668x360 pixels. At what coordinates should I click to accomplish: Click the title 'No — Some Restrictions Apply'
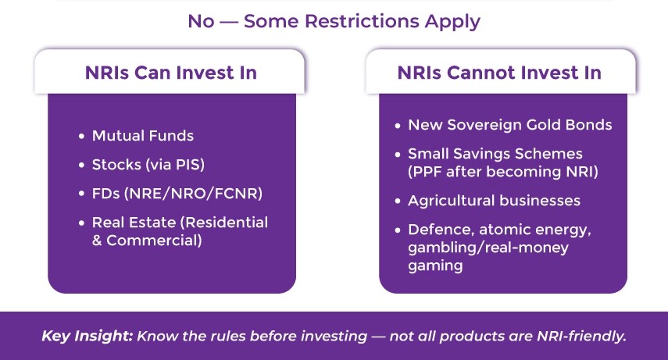point(334,21)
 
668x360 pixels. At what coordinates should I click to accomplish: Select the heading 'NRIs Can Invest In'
point(171,73)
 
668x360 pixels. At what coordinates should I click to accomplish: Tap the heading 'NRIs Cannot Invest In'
point(499,73)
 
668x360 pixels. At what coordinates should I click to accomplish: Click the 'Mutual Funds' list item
point(142,136)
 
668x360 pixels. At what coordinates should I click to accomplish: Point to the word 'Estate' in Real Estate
point(152,223)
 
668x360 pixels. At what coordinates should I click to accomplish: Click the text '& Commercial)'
point(147,241)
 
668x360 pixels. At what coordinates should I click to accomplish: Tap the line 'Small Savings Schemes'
point(495,154)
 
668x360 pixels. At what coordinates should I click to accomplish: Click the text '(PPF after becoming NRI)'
point(503,172)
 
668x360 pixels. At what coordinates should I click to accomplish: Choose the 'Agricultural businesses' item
point(494,201)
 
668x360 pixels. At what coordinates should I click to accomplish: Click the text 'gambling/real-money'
point(488,248)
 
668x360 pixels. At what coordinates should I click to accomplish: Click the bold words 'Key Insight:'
point(87,336)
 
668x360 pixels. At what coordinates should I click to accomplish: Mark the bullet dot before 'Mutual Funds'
point(81,137)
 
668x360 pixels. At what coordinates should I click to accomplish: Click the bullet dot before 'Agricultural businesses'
point(397,201)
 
